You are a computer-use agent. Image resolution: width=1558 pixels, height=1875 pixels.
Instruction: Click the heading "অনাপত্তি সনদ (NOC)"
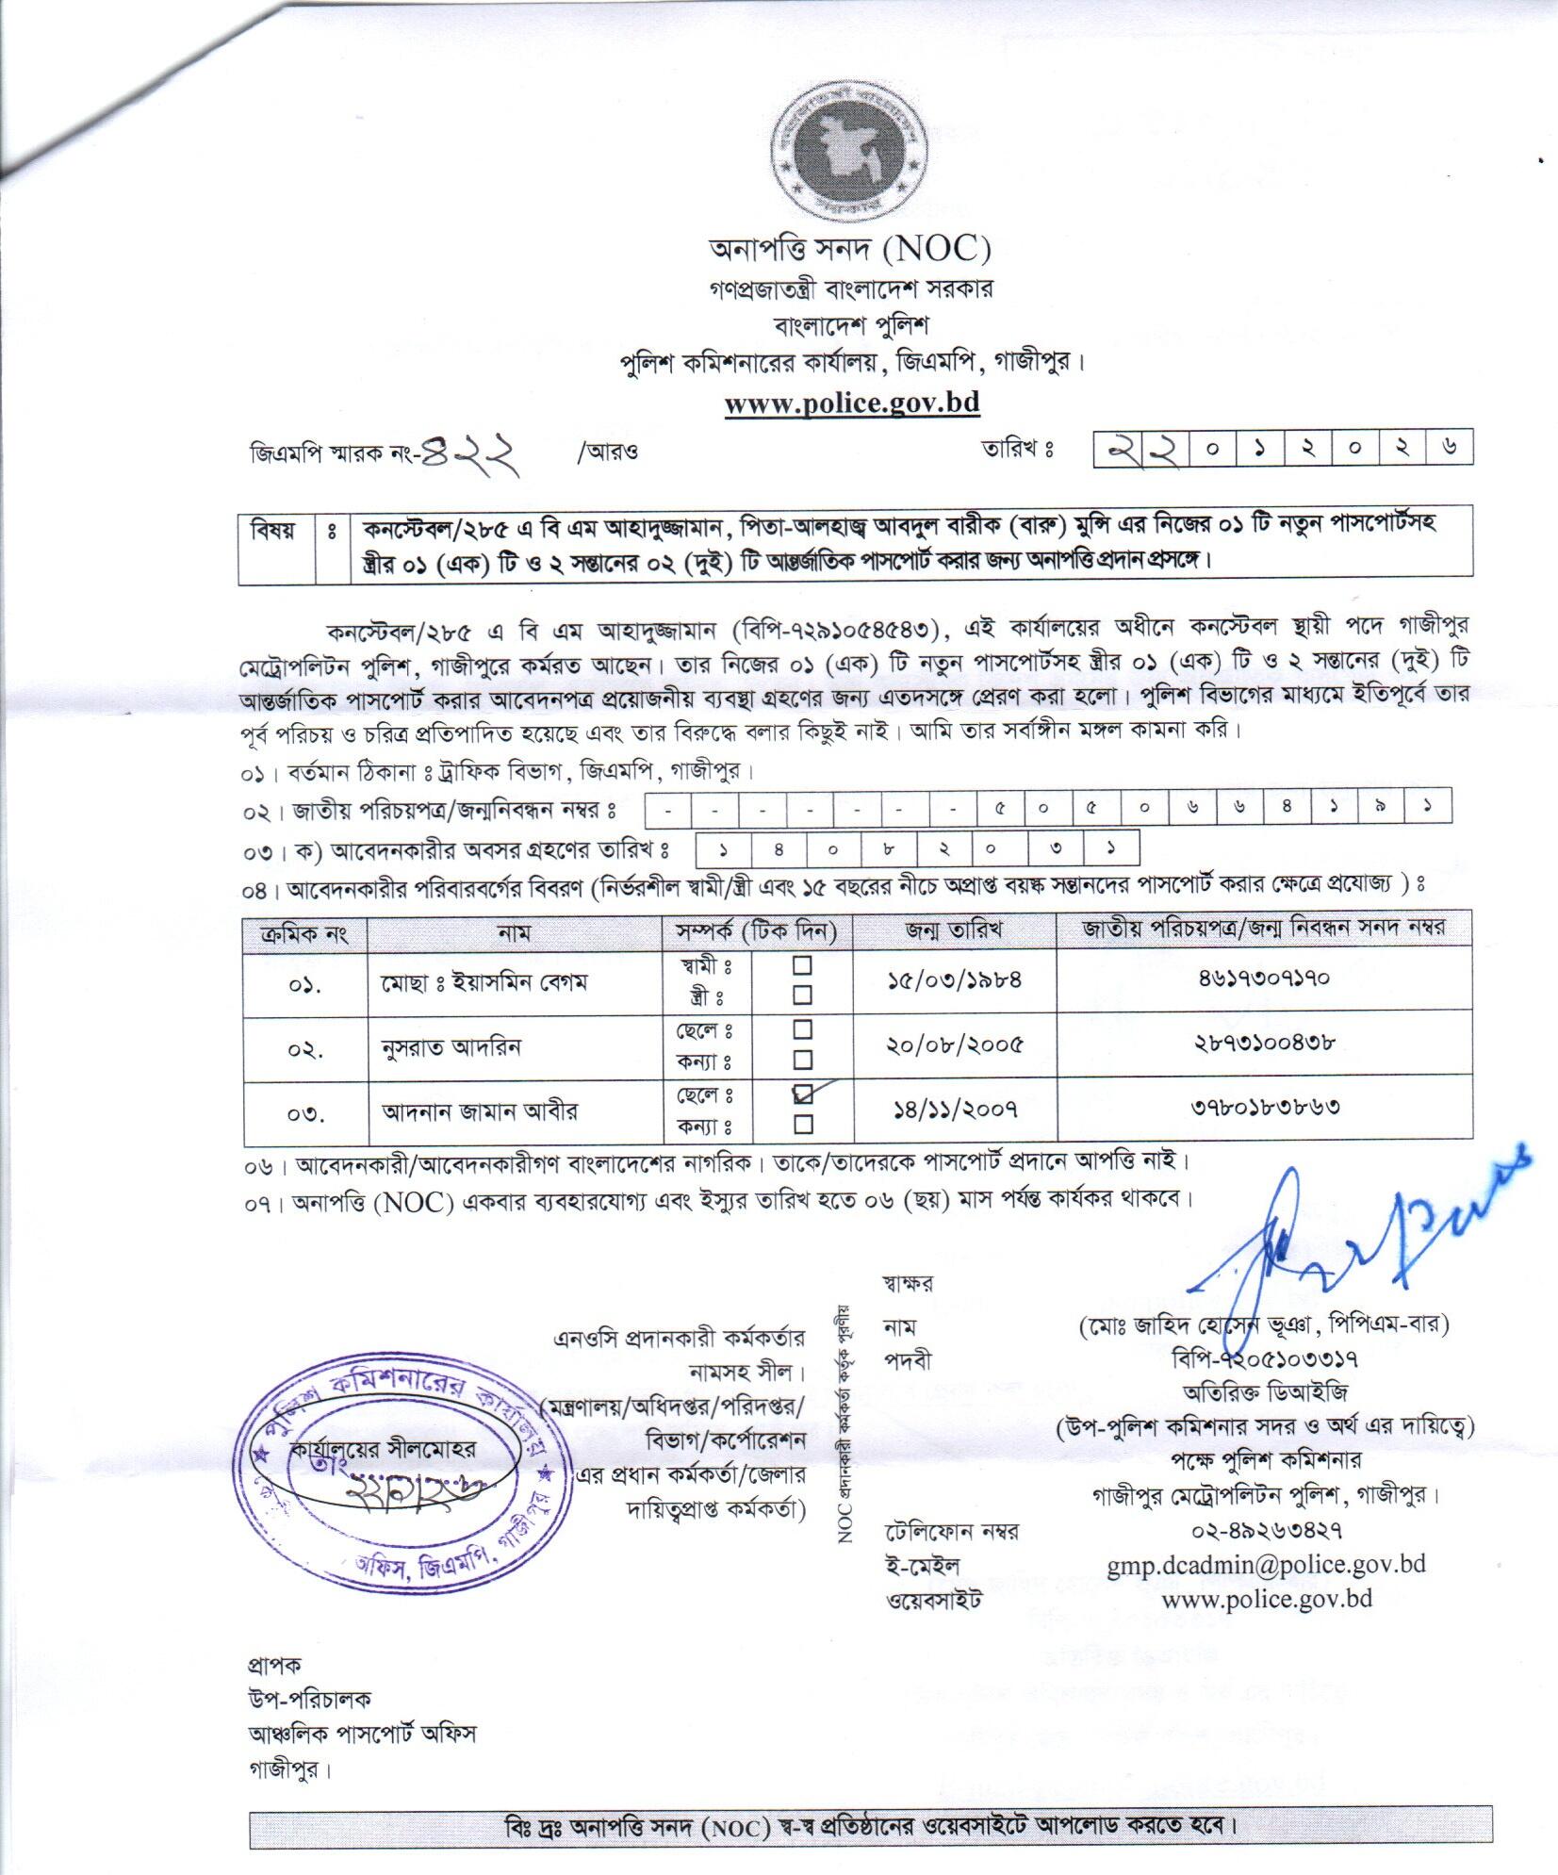(850, 250)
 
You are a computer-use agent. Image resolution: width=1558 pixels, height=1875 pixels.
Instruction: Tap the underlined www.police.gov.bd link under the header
(852, 403)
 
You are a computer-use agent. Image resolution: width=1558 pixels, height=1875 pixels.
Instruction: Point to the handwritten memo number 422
(473, 452)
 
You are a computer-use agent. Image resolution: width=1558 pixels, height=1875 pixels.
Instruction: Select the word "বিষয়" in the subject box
(274, 531)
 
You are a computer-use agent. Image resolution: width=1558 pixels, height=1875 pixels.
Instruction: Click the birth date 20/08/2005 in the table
(955, 1045)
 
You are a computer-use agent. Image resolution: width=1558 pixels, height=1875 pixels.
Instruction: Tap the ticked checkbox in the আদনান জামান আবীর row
(803, 1094)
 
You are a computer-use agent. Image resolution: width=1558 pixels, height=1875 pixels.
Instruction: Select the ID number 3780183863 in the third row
(1262, 1106)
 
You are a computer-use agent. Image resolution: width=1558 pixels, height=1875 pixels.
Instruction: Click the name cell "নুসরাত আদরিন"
(451, 1047)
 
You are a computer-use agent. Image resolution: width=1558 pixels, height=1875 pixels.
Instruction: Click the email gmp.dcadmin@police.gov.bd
(1266, 1566)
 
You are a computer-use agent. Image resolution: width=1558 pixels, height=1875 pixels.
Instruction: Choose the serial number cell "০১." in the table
(304, 986)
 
